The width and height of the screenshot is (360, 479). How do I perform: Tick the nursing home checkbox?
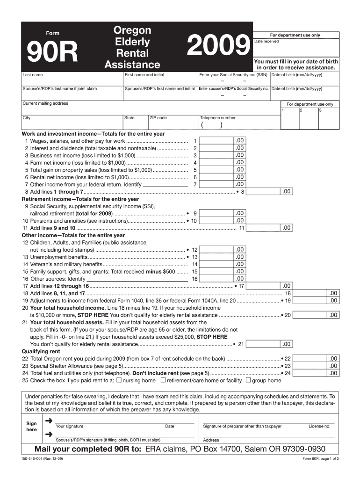pos(119,380)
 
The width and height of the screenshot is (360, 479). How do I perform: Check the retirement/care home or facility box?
pos(163,380)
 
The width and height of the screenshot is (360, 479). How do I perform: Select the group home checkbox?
pos(248,380)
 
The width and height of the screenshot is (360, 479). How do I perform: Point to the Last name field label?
pos(33,75)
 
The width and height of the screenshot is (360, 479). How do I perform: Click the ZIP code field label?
pos(158,118)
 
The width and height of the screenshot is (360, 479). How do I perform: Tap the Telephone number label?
pos(218,118)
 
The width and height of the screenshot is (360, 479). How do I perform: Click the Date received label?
pos(266,41)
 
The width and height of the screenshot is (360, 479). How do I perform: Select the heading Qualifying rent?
pos(41,351)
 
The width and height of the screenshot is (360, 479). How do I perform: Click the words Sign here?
pos(31,426)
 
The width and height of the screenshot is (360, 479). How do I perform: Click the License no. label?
pos(319,426)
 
